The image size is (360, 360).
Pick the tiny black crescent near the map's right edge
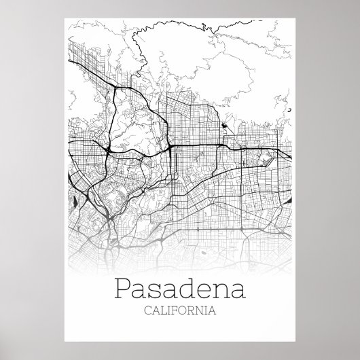pos(288,109)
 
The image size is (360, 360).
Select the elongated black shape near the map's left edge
pos(75,200)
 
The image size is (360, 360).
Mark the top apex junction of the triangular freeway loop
pos(117,88)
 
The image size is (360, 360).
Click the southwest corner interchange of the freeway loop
pos(108,146)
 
